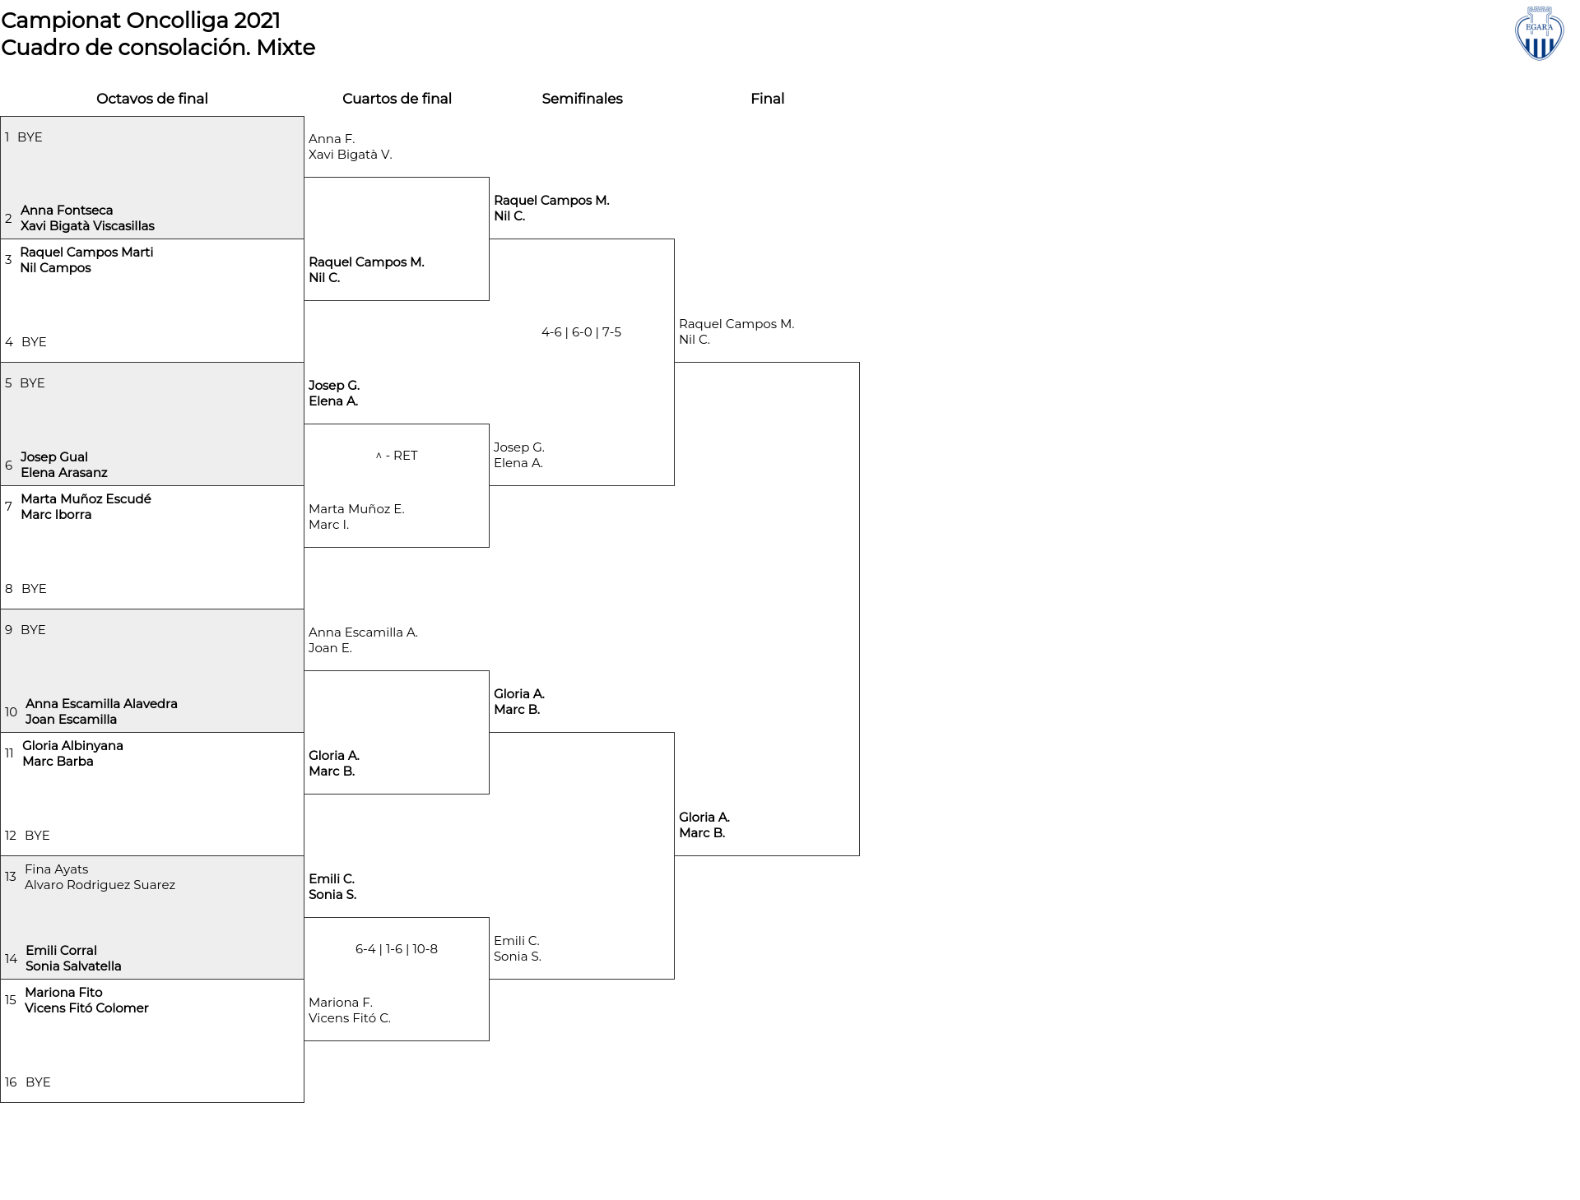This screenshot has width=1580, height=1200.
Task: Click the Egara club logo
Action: pos(1539,34)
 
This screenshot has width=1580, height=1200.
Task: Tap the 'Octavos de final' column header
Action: pos(152,99)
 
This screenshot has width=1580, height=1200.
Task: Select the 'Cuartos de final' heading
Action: pos(397,99)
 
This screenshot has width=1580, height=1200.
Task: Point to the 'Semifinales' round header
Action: pos(582,99)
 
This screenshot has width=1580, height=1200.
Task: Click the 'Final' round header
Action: pos(767,99)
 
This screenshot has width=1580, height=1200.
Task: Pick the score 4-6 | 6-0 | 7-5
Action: pos(581,332)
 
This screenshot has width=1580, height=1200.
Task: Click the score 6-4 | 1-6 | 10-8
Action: pos(397,949)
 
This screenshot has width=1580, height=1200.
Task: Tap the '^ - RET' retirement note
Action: pos(397,456)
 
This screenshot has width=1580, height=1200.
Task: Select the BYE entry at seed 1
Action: pos(30,137)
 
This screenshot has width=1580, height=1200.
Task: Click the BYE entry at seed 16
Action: pos(38,1082)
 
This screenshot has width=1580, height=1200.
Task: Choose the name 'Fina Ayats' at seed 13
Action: pos(56,869)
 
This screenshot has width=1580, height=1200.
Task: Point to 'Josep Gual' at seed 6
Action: pos(54,457)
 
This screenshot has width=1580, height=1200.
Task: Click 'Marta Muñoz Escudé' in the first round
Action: pos(86,499)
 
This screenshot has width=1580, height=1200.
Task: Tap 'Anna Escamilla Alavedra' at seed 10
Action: pos(101,704)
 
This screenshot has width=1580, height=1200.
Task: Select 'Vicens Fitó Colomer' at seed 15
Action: pos(86,1008)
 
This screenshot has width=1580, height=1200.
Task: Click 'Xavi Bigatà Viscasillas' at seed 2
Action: pos(87,226)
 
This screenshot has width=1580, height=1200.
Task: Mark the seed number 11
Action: pos(9,753)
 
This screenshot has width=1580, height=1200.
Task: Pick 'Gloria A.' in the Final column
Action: pos(704,818)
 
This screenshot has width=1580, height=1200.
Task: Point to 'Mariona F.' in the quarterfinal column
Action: pos(341,1003)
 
